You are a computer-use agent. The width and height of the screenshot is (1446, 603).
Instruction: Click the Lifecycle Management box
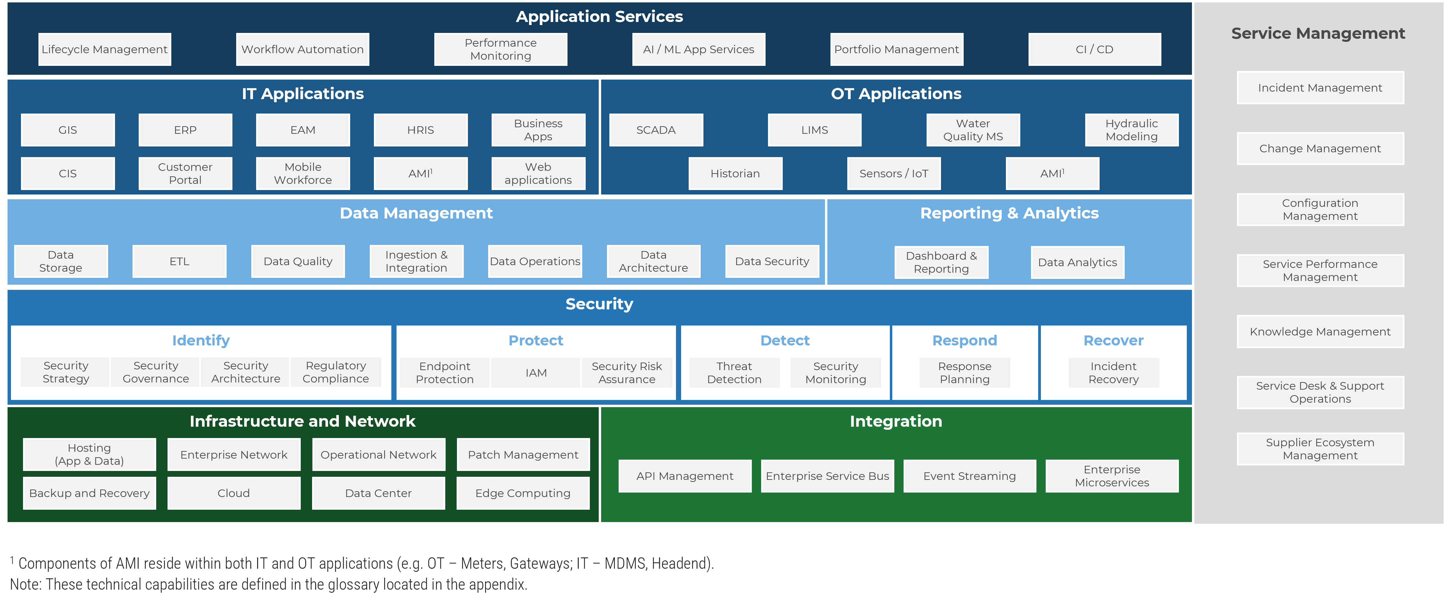(104, 49)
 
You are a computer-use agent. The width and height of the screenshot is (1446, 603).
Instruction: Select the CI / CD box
(1094, 49)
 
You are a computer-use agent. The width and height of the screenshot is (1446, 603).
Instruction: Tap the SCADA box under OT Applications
(656, 130)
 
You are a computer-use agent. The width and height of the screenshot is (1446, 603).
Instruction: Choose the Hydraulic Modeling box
(1131, 130)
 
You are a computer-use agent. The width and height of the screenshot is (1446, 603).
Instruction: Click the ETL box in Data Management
(179, 261)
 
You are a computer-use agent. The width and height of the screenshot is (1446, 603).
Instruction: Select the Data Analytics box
(1077, 262)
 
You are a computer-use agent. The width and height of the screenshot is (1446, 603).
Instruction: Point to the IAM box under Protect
(536, 373)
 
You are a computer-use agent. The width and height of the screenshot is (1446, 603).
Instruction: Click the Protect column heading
(536, 341)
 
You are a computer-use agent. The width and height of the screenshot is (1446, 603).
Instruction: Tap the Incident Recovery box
(1113, 373)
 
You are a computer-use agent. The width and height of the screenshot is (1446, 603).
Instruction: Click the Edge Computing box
(523, 493)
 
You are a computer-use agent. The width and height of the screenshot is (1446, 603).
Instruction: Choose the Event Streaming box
(969, 476)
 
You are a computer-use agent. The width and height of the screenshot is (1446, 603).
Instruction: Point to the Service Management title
(1318, 34)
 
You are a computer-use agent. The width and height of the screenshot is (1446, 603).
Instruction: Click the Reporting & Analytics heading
(1009, 213)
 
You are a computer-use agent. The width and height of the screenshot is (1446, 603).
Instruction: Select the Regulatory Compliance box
(336, 373)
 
